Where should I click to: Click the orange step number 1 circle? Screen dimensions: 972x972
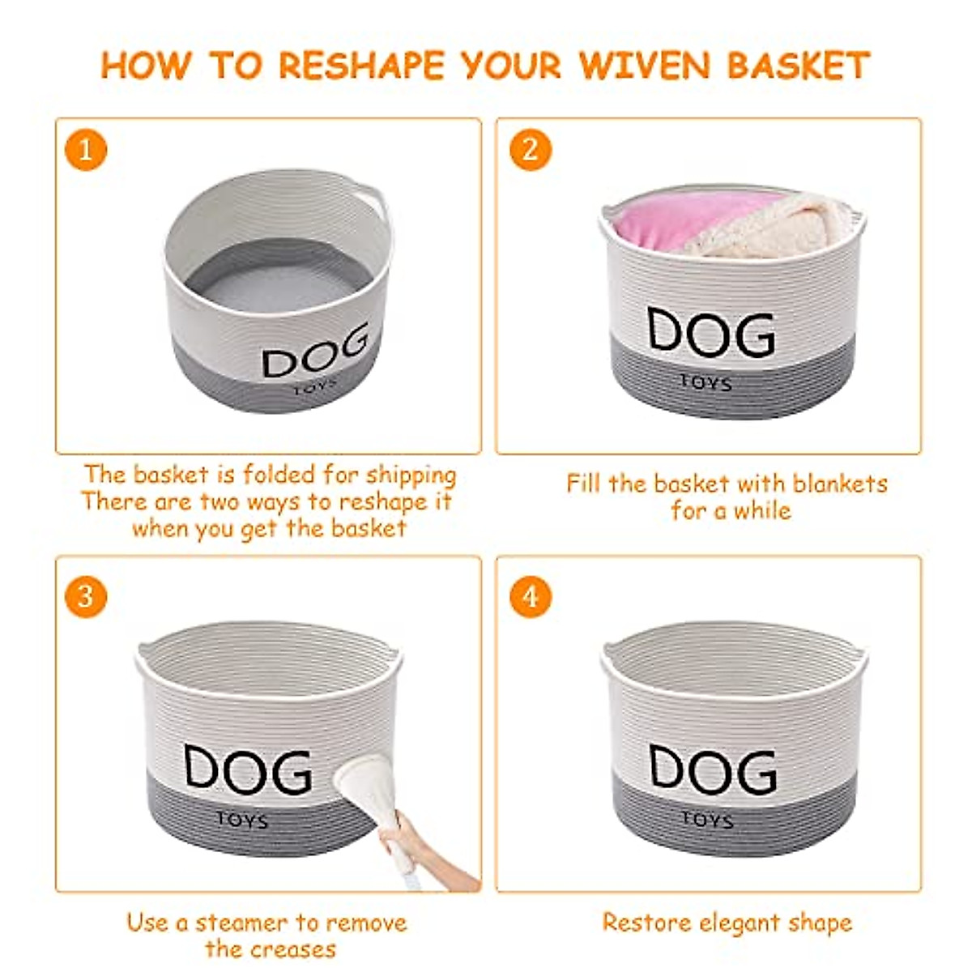pyautogui.click(x=86, y=150)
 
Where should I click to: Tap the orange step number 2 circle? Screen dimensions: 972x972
pyautogui.click(x=531, y=150)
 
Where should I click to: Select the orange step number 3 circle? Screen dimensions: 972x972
pyautogui.click(x=86, y=597)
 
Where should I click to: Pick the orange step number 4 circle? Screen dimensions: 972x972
pyautogui.click(x=531, y=597)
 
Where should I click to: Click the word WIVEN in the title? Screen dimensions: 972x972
pyautogui.click(x=646, y=66)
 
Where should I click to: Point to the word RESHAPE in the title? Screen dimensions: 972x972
pyautogui.click(x=360, y=66)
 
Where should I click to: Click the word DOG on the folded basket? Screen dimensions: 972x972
pyautogui.click(x=316, y=354)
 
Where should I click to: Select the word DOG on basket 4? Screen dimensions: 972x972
pyautogui.click(x=713, y=769)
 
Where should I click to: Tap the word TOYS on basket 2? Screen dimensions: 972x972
pyautogui.click(x=706, y=383)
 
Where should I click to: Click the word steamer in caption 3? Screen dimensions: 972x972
pyautogui.click(x=241, y=923)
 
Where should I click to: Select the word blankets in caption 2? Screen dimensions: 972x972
pyautogui.click(x=840, y=484)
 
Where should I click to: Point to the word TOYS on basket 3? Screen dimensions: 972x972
pyautogui.click(x=242, y=820)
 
